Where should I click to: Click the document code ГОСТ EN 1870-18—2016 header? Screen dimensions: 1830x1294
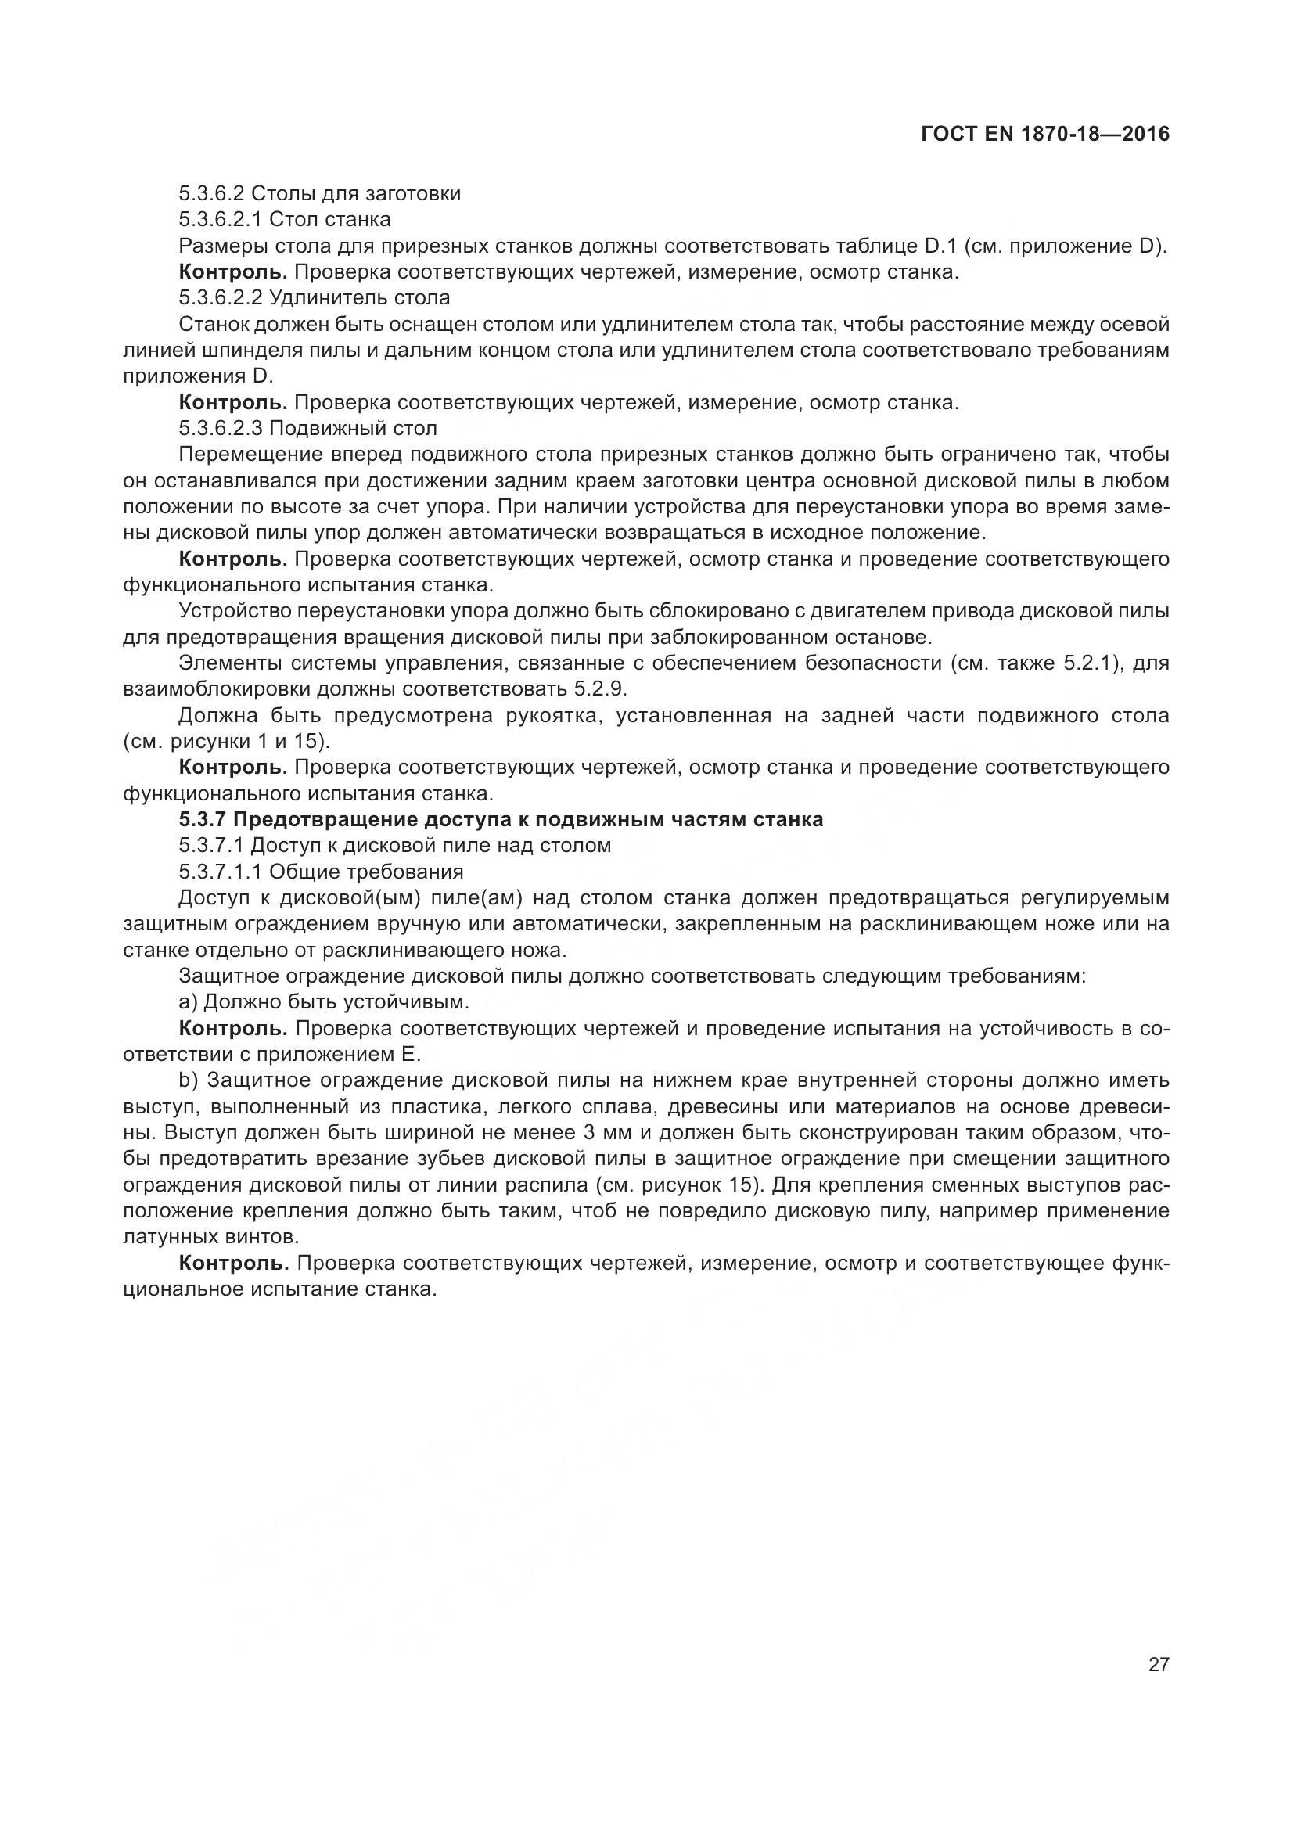click(x=1044, y=134)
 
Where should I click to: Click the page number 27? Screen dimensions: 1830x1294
click(x=1158, y=1664)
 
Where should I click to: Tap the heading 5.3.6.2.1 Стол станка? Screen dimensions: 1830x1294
click(x=285, y=219)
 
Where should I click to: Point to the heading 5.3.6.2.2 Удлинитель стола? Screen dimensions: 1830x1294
click(x=314, y=298)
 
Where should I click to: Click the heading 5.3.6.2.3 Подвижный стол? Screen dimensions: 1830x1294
click(x=307, y=429)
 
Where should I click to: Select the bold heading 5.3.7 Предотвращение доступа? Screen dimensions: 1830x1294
click(x=501, y=819)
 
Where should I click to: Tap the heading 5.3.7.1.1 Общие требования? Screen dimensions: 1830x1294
click(x=320, y=872)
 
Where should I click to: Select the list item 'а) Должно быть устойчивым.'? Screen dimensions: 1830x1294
click(x=325, y=1002)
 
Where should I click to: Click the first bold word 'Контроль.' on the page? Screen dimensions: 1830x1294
click(x=232, y=271)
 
